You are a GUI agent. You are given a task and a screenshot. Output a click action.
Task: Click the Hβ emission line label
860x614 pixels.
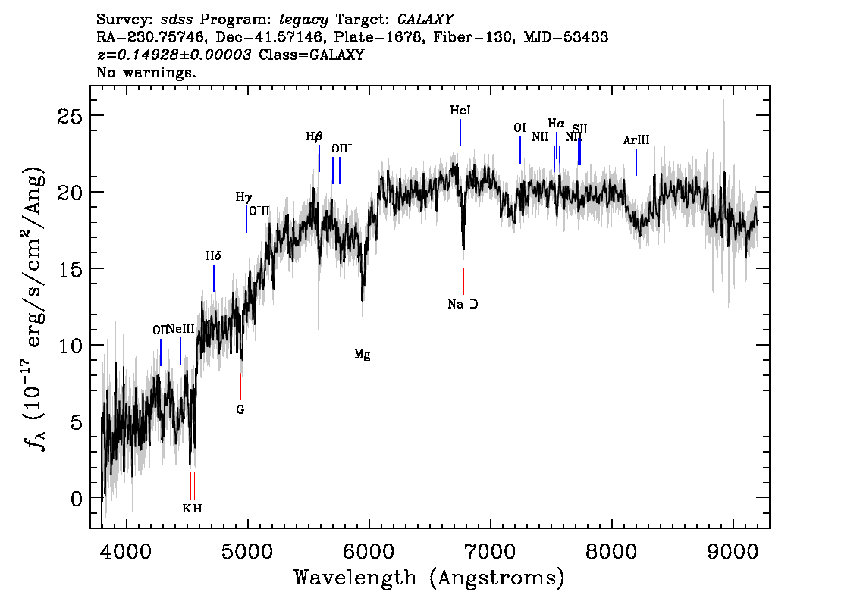pyautogui.click(x=314, y=137)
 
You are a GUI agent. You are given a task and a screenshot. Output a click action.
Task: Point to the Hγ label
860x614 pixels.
pyautogui.click(x=243, y=197)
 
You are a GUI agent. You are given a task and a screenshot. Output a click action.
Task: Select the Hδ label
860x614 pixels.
pyautogui.click(x=213, y=256)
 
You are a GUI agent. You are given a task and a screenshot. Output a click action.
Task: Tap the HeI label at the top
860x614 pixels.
pyautogui.click(x=460, y=111)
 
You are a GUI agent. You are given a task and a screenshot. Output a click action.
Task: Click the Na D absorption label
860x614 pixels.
pyautogui.click(x=463, y=305)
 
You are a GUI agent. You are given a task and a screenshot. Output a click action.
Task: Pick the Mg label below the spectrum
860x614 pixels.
pyautogui.click(x=363, y=354)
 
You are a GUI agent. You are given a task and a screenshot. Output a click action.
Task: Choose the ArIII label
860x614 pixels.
pyautogui.click(x=636, y=140)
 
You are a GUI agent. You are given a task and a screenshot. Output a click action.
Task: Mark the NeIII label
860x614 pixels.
pyautogui.click(x=180, y=329)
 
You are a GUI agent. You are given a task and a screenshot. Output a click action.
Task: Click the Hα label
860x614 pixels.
pyautogui.click(x=556, y=124)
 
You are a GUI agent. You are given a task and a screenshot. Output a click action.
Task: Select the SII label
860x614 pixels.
pyautogui.click(x=579, y=129)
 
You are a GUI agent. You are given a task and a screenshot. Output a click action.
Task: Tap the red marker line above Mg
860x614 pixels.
pyautogui.click(x=363, y=330)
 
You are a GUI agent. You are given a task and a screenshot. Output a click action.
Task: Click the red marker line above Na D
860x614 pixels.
pyautogui.click(x=463, y=281)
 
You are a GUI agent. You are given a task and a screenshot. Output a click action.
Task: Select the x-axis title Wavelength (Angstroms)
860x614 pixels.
pyautogui.click(x=429, y=578)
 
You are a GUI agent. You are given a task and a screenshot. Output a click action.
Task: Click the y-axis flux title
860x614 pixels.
pyautogui.click(x=37, y=307)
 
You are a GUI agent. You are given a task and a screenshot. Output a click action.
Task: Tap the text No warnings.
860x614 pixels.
pyautogui.click(x=146, y=73)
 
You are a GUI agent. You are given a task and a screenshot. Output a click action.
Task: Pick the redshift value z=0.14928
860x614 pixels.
pyautogui.click(x=174, y=55)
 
